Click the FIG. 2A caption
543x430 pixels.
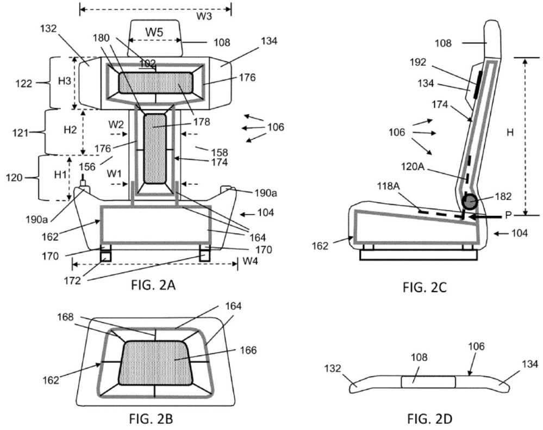(x=153, y=285)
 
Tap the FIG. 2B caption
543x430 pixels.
(x=151, y=419)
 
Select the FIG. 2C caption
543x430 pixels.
(x=425, y=287)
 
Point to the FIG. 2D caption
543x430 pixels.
(x=430, y=419)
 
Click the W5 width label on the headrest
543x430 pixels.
(x=154, y=32)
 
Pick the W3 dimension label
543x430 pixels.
(x=204, y=16)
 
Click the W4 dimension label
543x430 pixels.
(x=250, y=261)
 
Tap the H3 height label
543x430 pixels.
(x=65, y=81)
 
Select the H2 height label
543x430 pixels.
(x=70, y=130)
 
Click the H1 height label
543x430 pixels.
(x=60, y=175)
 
